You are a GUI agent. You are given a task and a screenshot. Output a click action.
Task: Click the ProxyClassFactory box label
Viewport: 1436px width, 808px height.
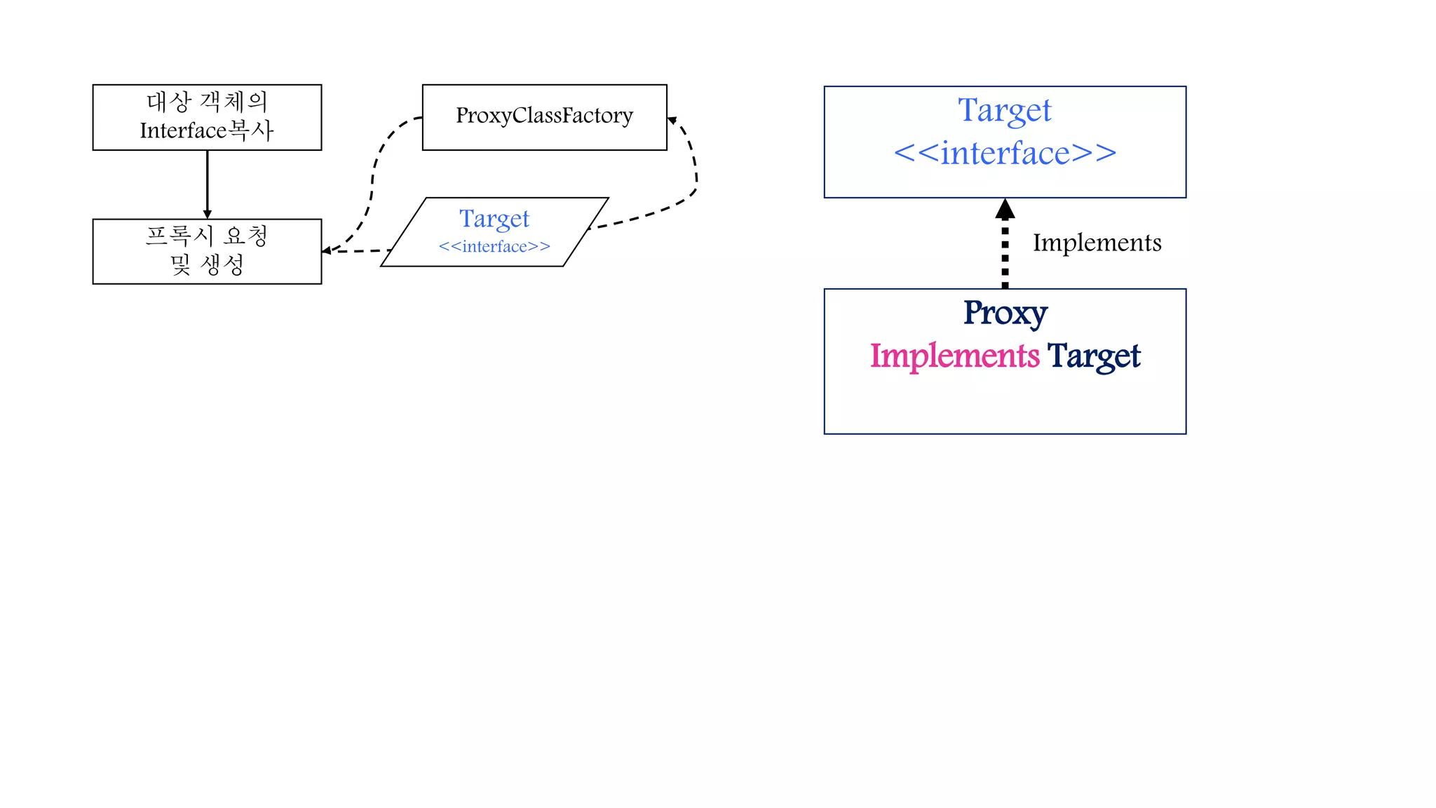point(544,116)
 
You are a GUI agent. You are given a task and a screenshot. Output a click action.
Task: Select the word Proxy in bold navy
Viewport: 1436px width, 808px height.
point(1005,314)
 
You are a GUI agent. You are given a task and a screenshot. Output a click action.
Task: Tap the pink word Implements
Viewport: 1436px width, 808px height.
point(954,356)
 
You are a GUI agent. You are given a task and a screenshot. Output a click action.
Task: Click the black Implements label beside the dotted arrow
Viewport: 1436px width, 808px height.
point(1097,243)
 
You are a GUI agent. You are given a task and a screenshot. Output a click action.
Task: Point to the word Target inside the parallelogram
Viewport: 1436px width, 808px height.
point(494,219)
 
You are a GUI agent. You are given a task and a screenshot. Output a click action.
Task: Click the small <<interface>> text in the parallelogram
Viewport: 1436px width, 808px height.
point(494,247)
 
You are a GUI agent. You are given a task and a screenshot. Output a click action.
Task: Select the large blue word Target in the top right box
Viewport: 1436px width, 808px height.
point(1005,111)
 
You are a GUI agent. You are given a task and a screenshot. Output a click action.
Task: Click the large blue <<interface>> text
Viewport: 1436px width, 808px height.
point(1005,154)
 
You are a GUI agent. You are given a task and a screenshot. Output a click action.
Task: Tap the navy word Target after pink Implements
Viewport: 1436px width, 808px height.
point(1094,356)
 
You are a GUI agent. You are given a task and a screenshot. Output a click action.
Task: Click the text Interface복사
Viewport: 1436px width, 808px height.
point(207,131)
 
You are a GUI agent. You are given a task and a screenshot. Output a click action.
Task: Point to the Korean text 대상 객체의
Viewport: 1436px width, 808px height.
point(207,102)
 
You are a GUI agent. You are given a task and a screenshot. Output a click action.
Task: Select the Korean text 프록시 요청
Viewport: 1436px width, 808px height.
point(207,236)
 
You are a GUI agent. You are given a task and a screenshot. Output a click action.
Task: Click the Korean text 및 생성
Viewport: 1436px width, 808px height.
point(207,265)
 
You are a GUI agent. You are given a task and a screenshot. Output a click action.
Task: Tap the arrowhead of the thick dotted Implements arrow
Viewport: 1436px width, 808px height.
point(1005,208)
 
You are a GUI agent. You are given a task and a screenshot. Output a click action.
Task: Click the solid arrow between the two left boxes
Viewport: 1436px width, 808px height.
point(207,182)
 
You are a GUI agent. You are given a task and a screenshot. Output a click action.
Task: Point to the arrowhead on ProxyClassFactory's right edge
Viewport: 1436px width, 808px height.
point(672,121)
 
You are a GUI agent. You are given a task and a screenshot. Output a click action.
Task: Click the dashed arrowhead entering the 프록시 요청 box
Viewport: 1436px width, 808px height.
point(326,250)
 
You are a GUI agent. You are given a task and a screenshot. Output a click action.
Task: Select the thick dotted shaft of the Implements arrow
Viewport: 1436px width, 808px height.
point(1005,256)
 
